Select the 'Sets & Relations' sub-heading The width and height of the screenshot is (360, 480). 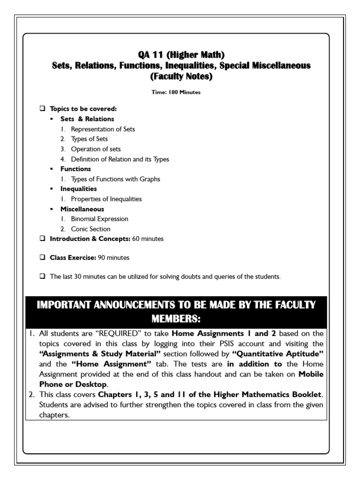pyautogui.click(x=87, y=119)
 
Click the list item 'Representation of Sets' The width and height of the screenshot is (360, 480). pyautogui.click(x=103, y=129)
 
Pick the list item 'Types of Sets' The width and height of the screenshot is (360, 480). pyautogui.click(x=89, y=139)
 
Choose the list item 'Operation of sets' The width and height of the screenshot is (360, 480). pyautogui.click(x=96, y=149)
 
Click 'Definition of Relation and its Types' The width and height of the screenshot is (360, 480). pyautogui.click(x=120, y=159)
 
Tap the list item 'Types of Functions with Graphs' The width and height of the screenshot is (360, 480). pyautogui.click(x=115, y=179)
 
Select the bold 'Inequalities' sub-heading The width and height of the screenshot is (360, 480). pyautogui.click(x=79, y=189)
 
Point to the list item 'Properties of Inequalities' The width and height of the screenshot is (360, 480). pyautogui.click(x=106, y=199)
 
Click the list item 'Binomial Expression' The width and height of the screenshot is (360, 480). pyautogui.click(x=99, y=219)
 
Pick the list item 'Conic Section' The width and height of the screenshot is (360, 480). pyautogui.click(x=90, y=229)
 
